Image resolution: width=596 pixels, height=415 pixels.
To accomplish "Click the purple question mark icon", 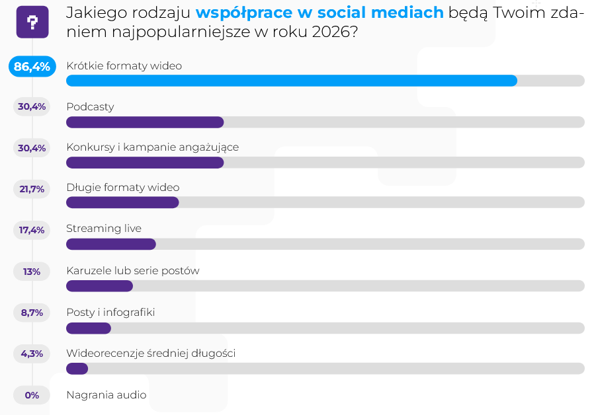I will [32, 22].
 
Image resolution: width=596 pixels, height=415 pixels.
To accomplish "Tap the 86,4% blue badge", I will [32, 66].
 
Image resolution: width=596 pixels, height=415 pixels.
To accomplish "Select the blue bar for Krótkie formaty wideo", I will [291, 81].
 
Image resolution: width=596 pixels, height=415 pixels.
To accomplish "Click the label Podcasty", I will [90, 106].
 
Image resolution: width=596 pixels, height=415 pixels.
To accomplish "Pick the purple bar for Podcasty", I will [145, 122].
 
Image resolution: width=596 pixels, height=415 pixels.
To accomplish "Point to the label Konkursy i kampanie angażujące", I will [152, 147].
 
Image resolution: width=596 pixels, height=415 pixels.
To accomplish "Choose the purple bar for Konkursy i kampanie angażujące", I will [145, 163].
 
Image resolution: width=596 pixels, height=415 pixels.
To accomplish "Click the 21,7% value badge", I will [32, 189].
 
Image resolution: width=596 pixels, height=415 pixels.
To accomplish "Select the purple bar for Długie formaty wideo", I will [122, 202].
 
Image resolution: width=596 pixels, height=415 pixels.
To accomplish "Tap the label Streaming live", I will [104, 229].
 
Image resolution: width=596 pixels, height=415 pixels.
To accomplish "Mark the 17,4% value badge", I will [32, 230].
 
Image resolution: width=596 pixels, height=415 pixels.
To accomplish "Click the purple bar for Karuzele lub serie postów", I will [99, 285].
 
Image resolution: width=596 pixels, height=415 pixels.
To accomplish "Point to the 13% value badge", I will [32, 271].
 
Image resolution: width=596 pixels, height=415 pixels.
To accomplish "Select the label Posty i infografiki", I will [110, 312].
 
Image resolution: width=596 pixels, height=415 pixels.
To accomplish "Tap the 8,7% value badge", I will [32, 313].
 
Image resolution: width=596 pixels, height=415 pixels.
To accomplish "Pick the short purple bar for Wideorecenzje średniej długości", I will [77, 368].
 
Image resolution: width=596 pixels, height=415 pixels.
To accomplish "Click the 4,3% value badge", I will [32, 354].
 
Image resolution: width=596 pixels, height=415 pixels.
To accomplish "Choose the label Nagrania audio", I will [106, 395].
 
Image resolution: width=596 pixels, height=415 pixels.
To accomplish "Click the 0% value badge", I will [32, 395].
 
